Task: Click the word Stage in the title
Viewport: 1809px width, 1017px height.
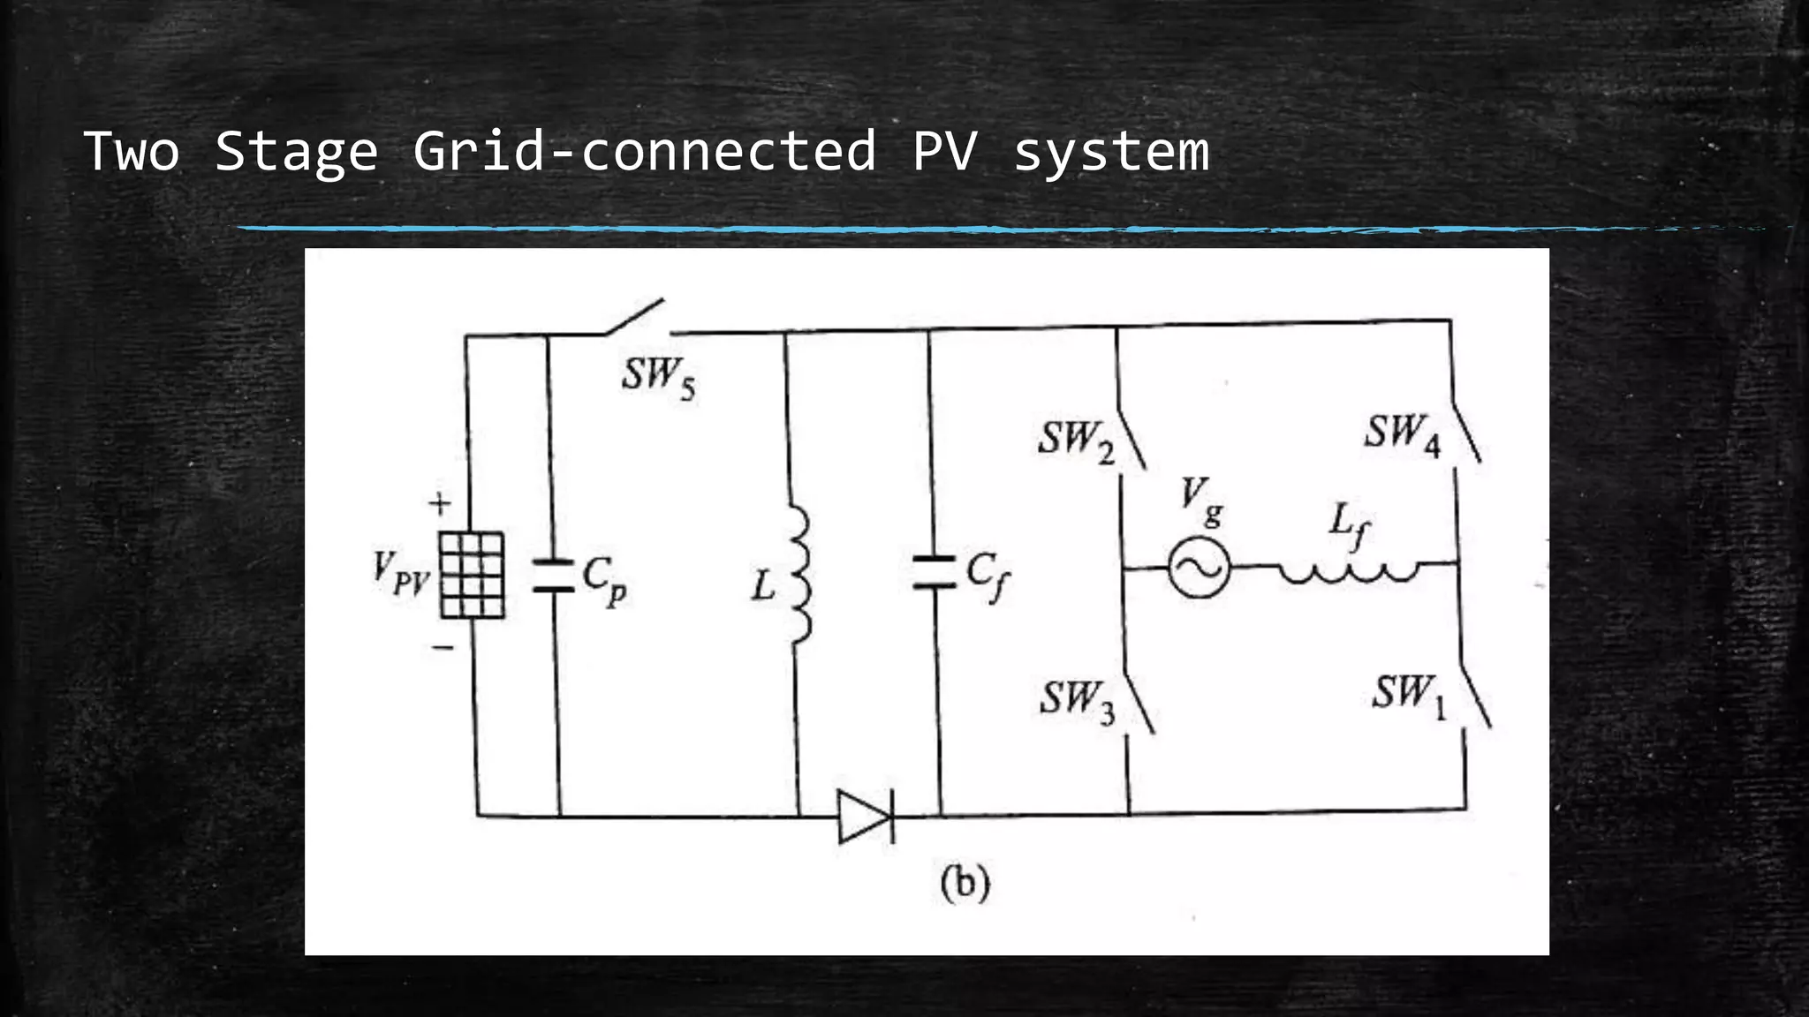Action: (296, 151)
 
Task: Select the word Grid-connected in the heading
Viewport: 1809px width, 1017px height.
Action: (644, 151)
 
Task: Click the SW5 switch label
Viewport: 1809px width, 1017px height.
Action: (658, 378)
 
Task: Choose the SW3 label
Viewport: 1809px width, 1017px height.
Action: (1076, 701)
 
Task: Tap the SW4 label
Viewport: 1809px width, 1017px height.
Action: (1402, 435)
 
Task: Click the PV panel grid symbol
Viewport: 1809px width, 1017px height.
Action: (472, 575)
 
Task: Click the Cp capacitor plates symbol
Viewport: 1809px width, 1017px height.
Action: (554, 575)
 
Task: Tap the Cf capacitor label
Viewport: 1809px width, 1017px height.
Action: (988, 575)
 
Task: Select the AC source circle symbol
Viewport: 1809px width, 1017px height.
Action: (1199, 568)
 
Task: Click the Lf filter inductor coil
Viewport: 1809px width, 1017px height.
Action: (1349, 572)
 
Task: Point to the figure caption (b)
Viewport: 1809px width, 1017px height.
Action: (965, 884)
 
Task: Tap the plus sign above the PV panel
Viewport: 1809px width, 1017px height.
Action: (440, 504)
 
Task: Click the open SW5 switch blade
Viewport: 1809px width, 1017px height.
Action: (634, 317)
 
